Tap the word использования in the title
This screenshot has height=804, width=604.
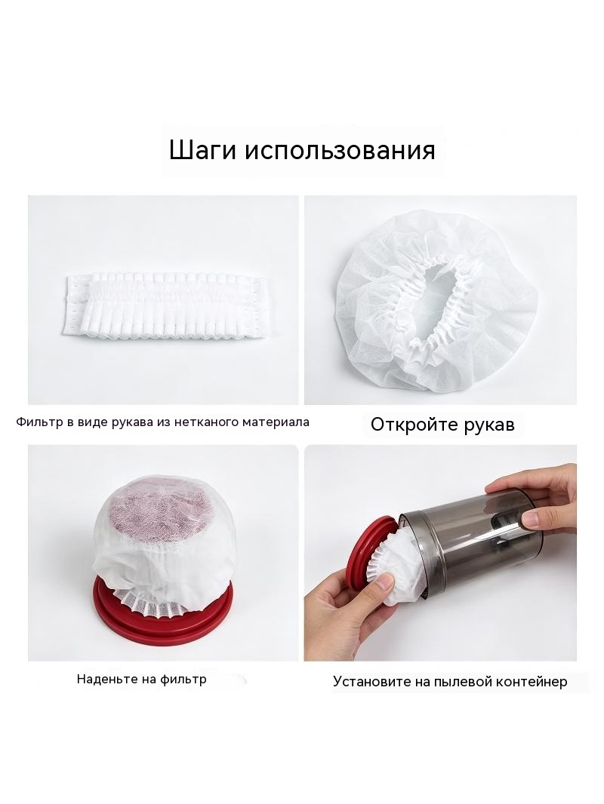point(340,151)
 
